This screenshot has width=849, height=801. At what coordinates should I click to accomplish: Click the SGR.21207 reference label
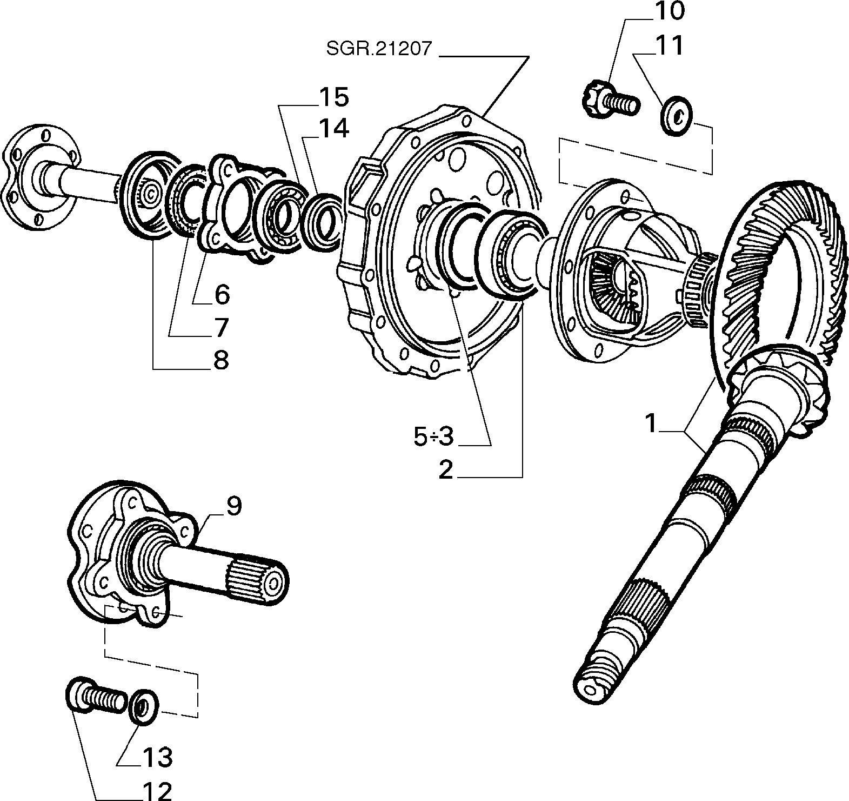pyautogui.click(x=379, y=49)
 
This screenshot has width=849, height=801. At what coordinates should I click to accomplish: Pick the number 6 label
pyautogui.click(x=222, y=295)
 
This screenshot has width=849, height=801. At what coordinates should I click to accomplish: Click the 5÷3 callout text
pyautogui.click(x=222, y=360)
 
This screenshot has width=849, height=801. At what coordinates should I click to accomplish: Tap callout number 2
pyautogui.click(x=433, y=437)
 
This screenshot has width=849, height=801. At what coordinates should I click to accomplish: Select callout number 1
pyautogui.click(x=446, y=470)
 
